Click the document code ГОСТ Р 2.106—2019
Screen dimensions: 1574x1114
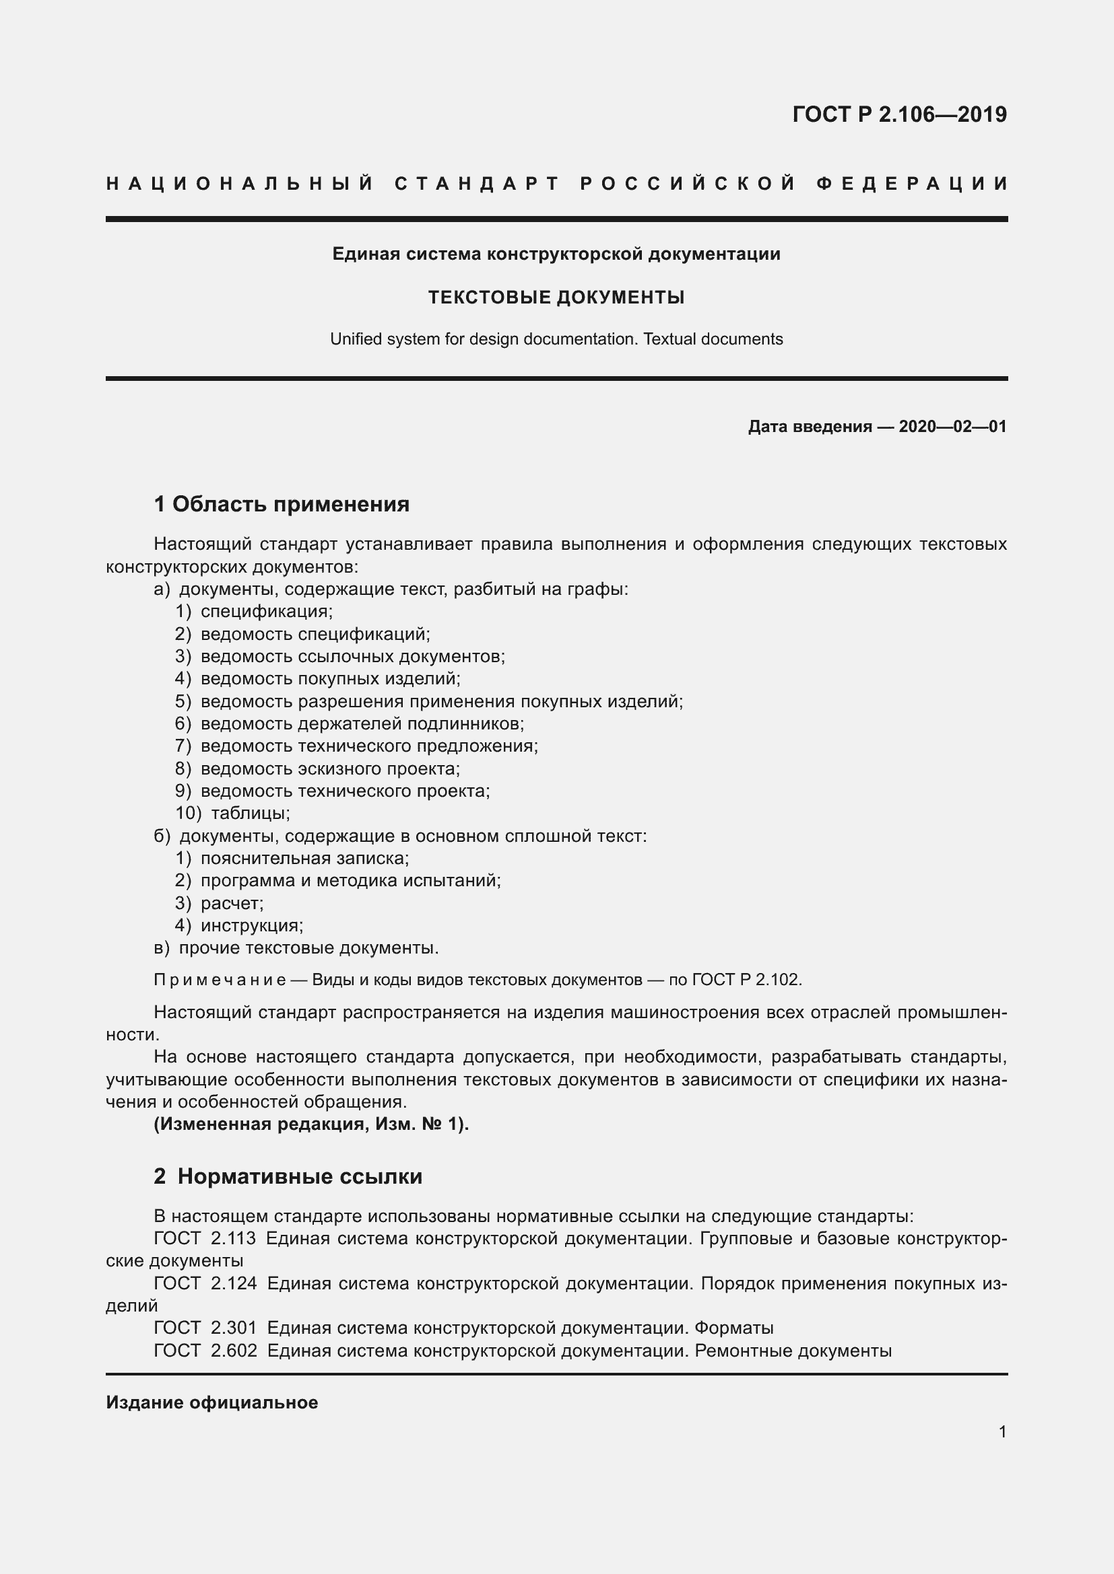click(x=899, y=114)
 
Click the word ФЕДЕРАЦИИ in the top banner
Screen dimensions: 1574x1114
click(x=912, y=184)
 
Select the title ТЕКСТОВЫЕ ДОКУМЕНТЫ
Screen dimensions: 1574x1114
click(x=556, y=297)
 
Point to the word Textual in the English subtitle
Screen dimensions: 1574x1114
click(x=669, y=339)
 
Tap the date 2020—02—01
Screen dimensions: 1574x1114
click(x=952, y=427)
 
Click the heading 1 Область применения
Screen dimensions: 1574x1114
click(x=282, y=504)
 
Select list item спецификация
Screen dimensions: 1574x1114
click(x=266, y=611)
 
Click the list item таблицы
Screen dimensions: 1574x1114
click(x=251, y=813)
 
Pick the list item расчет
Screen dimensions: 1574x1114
click(x=232, y=903)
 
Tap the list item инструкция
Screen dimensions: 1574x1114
click(x=252, y=925)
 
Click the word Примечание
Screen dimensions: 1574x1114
click(x=220, y=980)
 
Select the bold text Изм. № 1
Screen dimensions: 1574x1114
click(x=418, y=1124)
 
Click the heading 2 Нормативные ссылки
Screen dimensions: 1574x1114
click(x=288, y=1176)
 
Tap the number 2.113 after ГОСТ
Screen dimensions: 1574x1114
click(x=233, y=1239)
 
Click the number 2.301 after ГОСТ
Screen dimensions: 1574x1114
click(x=233, y=1328)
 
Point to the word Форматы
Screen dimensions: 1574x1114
click(x=733, y=1328)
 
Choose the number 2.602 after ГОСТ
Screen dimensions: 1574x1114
click(x=234, y=1351)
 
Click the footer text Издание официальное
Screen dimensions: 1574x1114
click(x=212, y=1402)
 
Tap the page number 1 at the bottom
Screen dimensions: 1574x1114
click(x=1002, y=1431)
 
